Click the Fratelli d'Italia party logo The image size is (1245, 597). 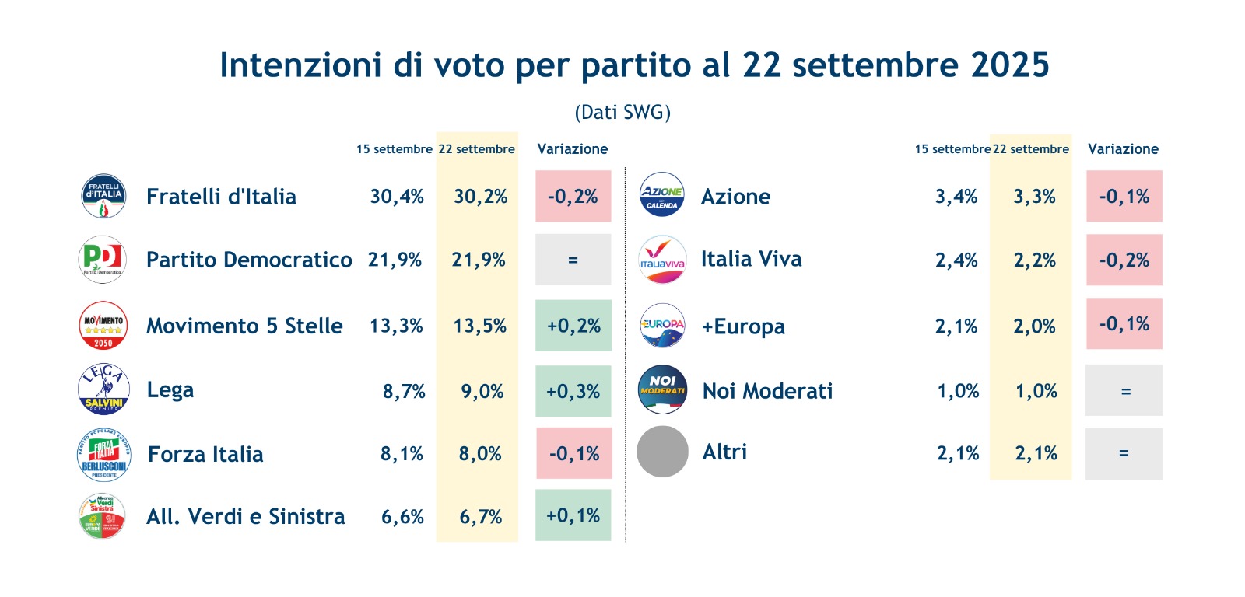(x=103, y=196)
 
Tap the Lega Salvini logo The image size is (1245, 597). (x=103, y=389)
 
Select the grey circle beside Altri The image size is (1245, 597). (x=662, y=452)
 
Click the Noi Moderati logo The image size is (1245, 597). (x=662, y=389)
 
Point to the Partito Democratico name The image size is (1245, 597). (x=249, y=260)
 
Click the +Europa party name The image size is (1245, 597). (x=743, y=326)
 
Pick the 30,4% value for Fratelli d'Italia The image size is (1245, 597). (x=397, y=197)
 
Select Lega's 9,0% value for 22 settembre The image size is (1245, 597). (x=482, y=391)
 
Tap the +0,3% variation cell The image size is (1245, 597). (x=573, y=391)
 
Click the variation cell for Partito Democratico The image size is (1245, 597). (x=573, y=260)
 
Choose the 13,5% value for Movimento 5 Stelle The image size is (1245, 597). (x=480, y=326)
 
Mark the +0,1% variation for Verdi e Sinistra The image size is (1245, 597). (x=573, y=515)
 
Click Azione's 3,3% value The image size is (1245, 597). (x=1034, y=197)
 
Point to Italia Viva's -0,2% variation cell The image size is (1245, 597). (x=1124, y=260)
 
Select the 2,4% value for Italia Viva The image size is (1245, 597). (x=956, y=260)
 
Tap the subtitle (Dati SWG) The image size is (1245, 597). (x=622, y=113)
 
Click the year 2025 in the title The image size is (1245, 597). (x=1010, y=65)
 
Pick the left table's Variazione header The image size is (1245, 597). (x=573, y=149)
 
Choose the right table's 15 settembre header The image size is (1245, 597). (x=952, y=149)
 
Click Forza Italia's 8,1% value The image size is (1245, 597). (x=402, y=453)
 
